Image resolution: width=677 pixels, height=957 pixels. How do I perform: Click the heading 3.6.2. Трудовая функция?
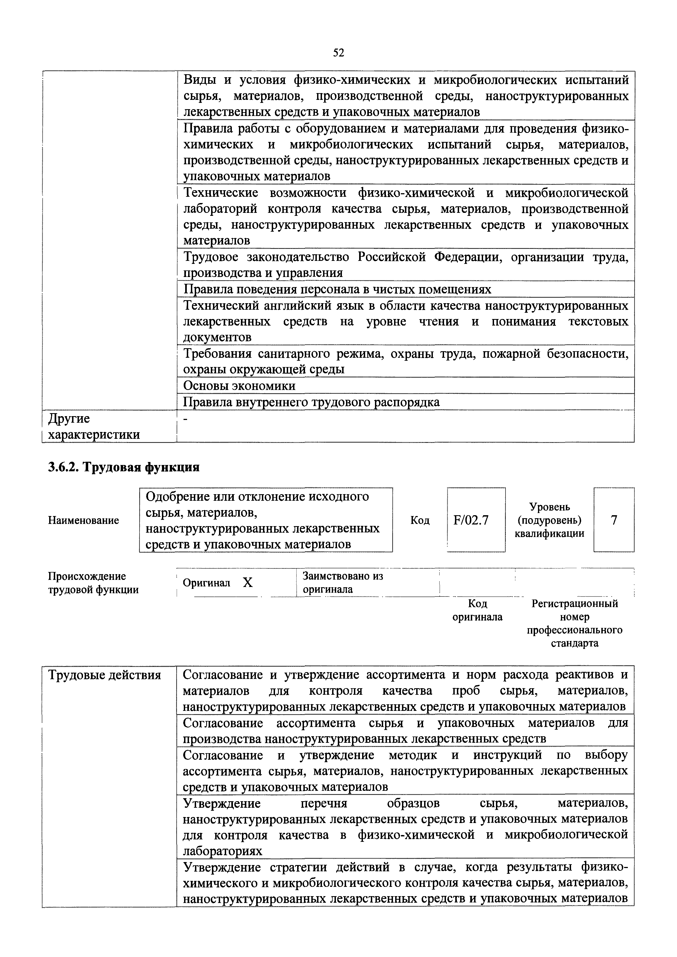coord(124,467)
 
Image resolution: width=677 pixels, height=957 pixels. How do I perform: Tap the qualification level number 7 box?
coord(614,520)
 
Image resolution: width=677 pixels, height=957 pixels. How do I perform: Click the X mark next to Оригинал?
coord(248,583)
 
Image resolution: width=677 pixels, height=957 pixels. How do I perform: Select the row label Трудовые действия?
coord(105,675)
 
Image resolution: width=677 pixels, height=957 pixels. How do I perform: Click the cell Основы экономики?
coord(240,386)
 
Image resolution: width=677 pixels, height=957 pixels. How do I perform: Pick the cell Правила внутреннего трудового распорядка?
coord(312,402)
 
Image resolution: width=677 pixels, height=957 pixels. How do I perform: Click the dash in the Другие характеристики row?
coord(186,419)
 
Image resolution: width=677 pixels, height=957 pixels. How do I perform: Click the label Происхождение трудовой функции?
coord(93,583)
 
